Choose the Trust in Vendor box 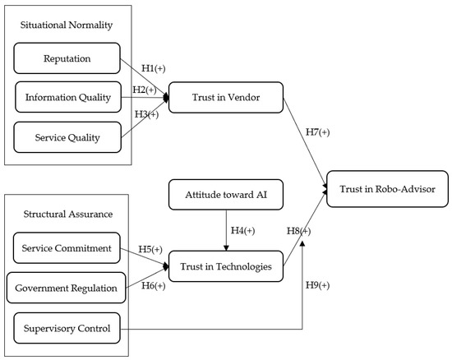[225, 98]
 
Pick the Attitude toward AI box [225, 196]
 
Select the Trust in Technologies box [225, 266]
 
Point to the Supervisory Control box [68, 328]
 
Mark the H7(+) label [317, 132]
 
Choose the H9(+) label [317, 285]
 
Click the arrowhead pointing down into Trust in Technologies [225, 248]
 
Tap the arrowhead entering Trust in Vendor [166, 98]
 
